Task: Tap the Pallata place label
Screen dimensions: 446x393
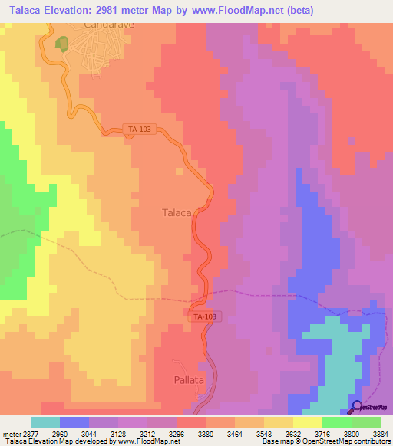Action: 188,379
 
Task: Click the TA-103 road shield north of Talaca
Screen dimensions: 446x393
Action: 140,130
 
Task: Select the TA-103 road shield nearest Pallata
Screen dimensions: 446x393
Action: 204,316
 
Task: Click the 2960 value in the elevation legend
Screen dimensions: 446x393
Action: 74,433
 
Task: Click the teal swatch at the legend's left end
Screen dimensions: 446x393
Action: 45,422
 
